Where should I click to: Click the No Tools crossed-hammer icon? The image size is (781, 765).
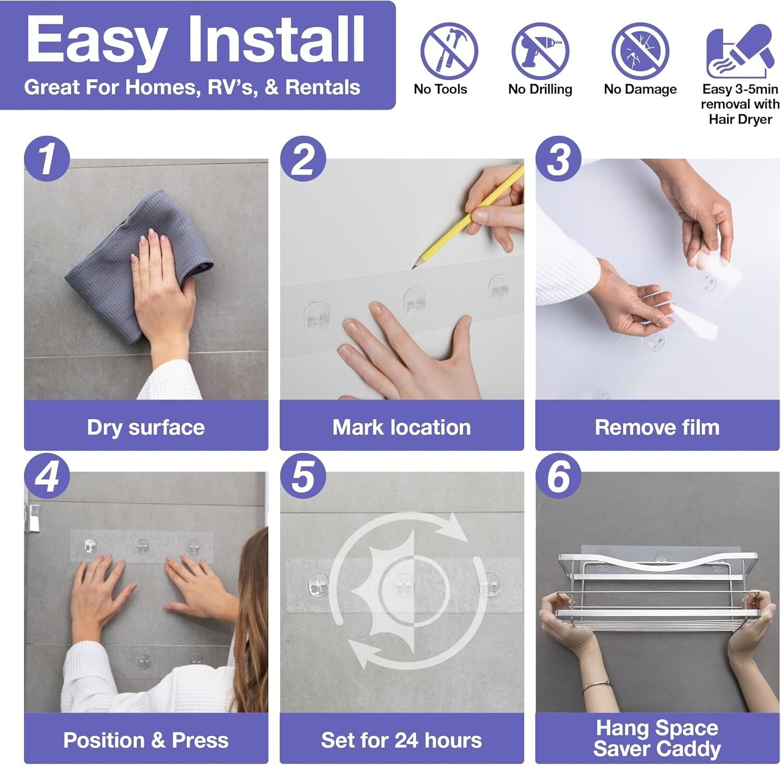coord(449,51)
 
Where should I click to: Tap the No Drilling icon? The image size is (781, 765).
coord(540,51)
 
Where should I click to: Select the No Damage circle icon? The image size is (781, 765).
coord(639,51)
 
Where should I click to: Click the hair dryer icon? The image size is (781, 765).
coord(739,51)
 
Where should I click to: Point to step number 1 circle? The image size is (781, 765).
coord(47,159)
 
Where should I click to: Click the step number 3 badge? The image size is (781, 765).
coord(559,159)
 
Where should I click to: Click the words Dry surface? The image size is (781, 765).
coord(146,427)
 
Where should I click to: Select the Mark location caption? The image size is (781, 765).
coord(401,427)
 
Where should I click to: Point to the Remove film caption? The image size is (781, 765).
coord(657,427)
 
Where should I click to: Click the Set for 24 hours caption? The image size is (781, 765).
coord(401,740)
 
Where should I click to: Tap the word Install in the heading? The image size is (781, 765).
coord(275,40)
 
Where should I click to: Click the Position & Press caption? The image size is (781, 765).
coord(146,740)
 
